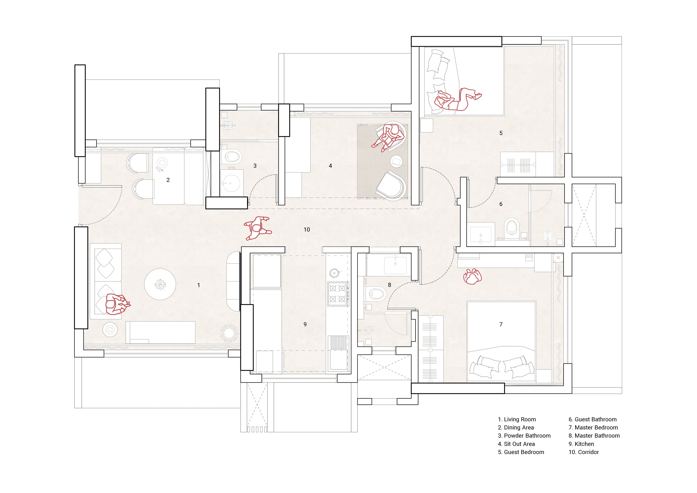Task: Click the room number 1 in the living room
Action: click(x=199, y=285)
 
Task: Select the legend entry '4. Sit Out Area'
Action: click(x=516, y=444)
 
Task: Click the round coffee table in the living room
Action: click(x=160, y=284)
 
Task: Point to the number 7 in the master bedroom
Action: click(x=501, y=324)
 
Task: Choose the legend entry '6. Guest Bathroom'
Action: click(x=593, y=419)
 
